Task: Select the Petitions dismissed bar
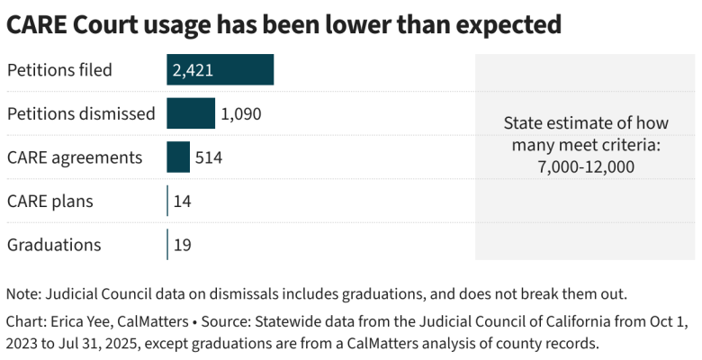[x=191, y=113]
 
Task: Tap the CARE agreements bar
[x=178, y=157]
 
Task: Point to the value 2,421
[x=193, y=69]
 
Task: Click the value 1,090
[x=240, y=113]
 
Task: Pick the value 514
[x=209, y=157]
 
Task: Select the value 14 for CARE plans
[x=182, y=201]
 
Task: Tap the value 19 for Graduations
[x=182, y=245]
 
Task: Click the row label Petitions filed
[x=59, y=69]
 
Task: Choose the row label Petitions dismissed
[x=81, y=113]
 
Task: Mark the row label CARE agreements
[x=75, y=157]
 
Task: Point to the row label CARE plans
[x=50, y=201]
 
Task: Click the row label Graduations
[x=54, y=245]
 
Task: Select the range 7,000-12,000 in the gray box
[x=585, y=166]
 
